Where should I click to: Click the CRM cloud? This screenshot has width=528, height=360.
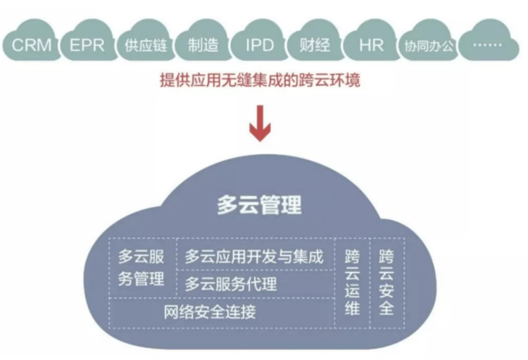pyautogui.click(x=32, y=46)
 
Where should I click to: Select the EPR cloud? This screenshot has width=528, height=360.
pyautogui.click(x=87, y=46)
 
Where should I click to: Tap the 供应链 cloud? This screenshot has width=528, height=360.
pyautogui.click(x=144, y=46)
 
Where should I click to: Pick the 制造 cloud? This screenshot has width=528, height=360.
pyautogui.click(x=203, y=46)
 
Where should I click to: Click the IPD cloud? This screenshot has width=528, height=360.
pyautogui.click(x=259, y=46)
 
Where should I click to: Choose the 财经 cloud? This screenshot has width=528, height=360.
pyautogui.click(x=315, y=46)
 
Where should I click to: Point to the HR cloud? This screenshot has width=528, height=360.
pyautogui.click(x=371, y=46)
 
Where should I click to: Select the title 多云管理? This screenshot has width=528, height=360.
pyautogui.click(x=258, y=204)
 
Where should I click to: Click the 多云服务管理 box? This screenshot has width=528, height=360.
pyautogui.click(x=142, y=268)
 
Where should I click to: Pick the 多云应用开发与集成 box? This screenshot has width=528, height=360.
pyautogui.click(x=253, y=256)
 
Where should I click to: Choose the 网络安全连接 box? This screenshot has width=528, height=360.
pyautogui.click(x=220, y=312)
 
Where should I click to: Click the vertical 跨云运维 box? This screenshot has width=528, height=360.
pyautogui.click(x=352, y=282)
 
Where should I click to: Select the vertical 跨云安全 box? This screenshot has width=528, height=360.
pyautogui.click(x=386, y=282)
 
